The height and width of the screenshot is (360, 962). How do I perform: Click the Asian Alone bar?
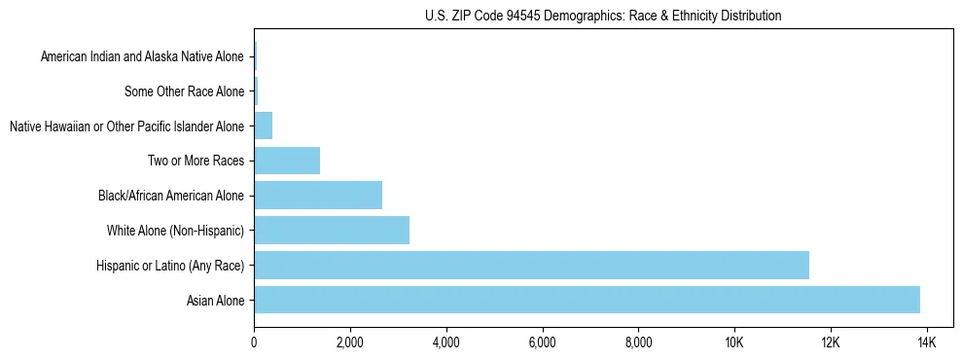tap(587, 300)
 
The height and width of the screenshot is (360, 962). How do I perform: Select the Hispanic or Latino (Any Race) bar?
tap(531, 265)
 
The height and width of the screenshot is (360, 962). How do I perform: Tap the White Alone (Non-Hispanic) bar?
tap(332, 231)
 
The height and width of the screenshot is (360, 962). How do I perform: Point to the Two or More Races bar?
tap(287, 161)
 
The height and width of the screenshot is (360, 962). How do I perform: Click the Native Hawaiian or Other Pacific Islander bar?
tap(264, 126)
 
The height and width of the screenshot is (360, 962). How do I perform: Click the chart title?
tap(603, 17)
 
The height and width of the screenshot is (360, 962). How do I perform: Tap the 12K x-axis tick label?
tap(830, 342)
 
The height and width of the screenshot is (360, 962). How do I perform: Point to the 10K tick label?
tap(733, 342)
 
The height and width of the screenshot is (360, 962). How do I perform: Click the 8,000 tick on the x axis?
tap(638, 342)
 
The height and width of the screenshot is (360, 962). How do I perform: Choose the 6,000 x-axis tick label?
tap(542, 342)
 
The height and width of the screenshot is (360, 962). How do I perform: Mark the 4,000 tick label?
tap(445, 342)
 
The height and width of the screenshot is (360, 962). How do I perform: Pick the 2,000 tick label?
tap(349, 342)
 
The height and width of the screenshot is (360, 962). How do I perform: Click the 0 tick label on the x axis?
tap(254, 342)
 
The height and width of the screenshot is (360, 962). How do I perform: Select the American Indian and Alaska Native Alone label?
tap(142, 56)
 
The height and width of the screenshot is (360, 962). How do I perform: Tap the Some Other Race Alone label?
tap(184, 91)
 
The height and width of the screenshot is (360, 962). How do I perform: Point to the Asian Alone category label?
tap(215, 301)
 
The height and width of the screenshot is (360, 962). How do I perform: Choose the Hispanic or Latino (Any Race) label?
tap(170, 266)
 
